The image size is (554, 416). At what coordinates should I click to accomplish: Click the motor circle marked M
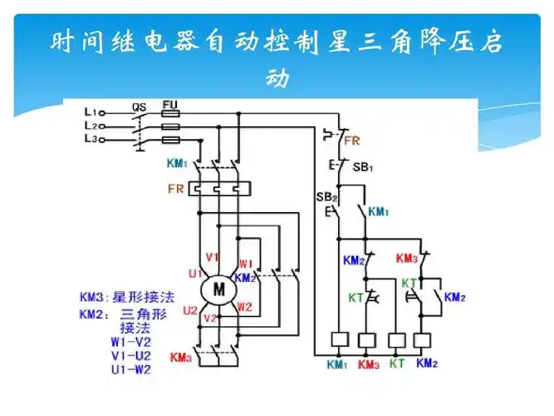pos(219,290)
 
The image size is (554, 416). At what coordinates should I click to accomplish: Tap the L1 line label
pos(91,111)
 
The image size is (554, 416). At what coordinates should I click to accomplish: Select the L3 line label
pos(91,139)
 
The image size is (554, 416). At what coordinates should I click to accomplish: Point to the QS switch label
pos(140,106)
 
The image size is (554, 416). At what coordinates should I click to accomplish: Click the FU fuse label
pos(169,106)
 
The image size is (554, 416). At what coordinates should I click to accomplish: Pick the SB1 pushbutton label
pos(363,167)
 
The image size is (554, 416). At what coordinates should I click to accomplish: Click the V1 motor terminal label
pos(211,256)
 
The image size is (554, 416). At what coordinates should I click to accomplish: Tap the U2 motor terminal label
pos(190,310)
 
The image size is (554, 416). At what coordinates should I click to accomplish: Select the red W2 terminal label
pos(244,307)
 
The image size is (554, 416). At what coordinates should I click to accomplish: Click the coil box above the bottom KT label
pos(397,339)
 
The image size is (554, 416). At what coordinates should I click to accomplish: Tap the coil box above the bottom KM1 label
pos(339,339)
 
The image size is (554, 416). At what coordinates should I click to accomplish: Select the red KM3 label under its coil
pos(368,364)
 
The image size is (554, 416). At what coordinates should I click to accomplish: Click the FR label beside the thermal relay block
pos(175,189)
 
